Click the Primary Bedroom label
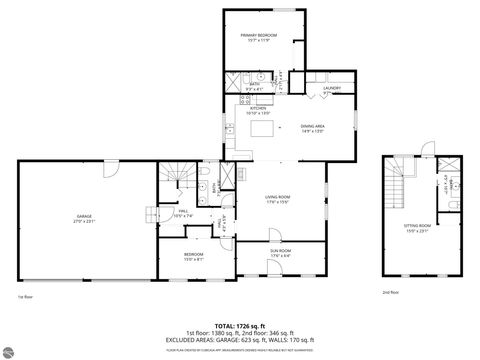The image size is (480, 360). (x=258, y=38)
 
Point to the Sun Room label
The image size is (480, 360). (x=280, y=252)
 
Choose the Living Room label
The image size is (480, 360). (x=276, y=200)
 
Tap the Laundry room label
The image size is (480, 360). (x=332, y=89)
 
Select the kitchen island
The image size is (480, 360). (x=265, y=129)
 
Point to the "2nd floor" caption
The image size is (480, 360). (x=390, y=292)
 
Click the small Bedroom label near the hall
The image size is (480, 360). (x=194, y=256)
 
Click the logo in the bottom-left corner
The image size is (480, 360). (x=9, y=351)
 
